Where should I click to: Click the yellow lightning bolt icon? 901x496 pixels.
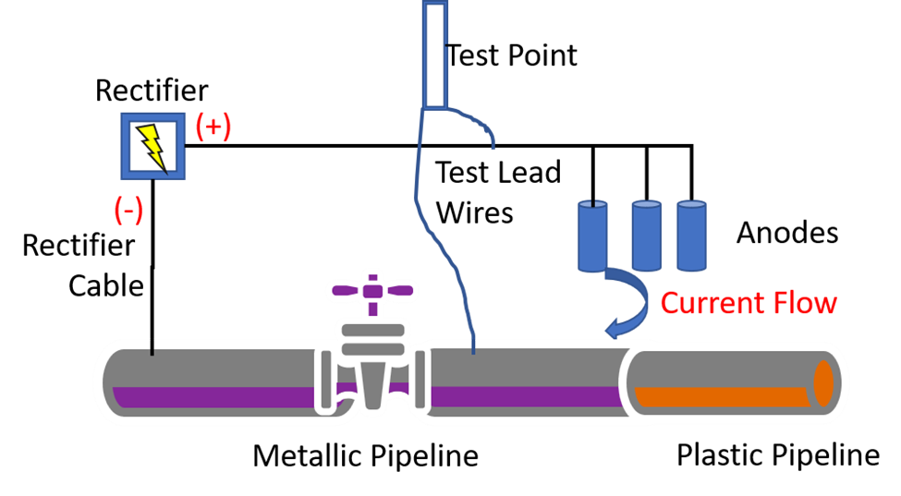click(x=152, y=146)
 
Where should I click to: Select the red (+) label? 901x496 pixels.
click(x=213, y=126)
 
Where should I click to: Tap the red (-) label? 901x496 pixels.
click(x=128, y=211)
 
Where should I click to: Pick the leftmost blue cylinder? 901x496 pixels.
click(x=592, y=236)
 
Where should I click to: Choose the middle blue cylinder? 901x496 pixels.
click(x=647, y=236)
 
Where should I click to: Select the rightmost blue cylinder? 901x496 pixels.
click(x=691, y=236)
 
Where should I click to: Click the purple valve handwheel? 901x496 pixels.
click(x=371, y=290)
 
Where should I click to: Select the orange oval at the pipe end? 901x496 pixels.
click(x=822, y=382)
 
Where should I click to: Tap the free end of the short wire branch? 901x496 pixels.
click(x=493, y=147)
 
